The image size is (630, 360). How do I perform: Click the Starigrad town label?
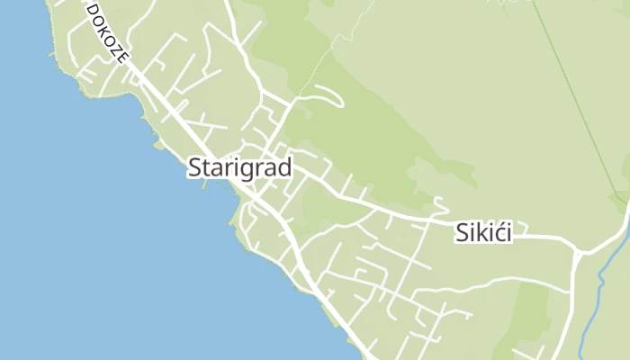pos(239,168)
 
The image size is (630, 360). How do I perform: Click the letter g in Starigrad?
pos(248,170)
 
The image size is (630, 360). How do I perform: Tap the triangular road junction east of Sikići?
pos(578,252)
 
